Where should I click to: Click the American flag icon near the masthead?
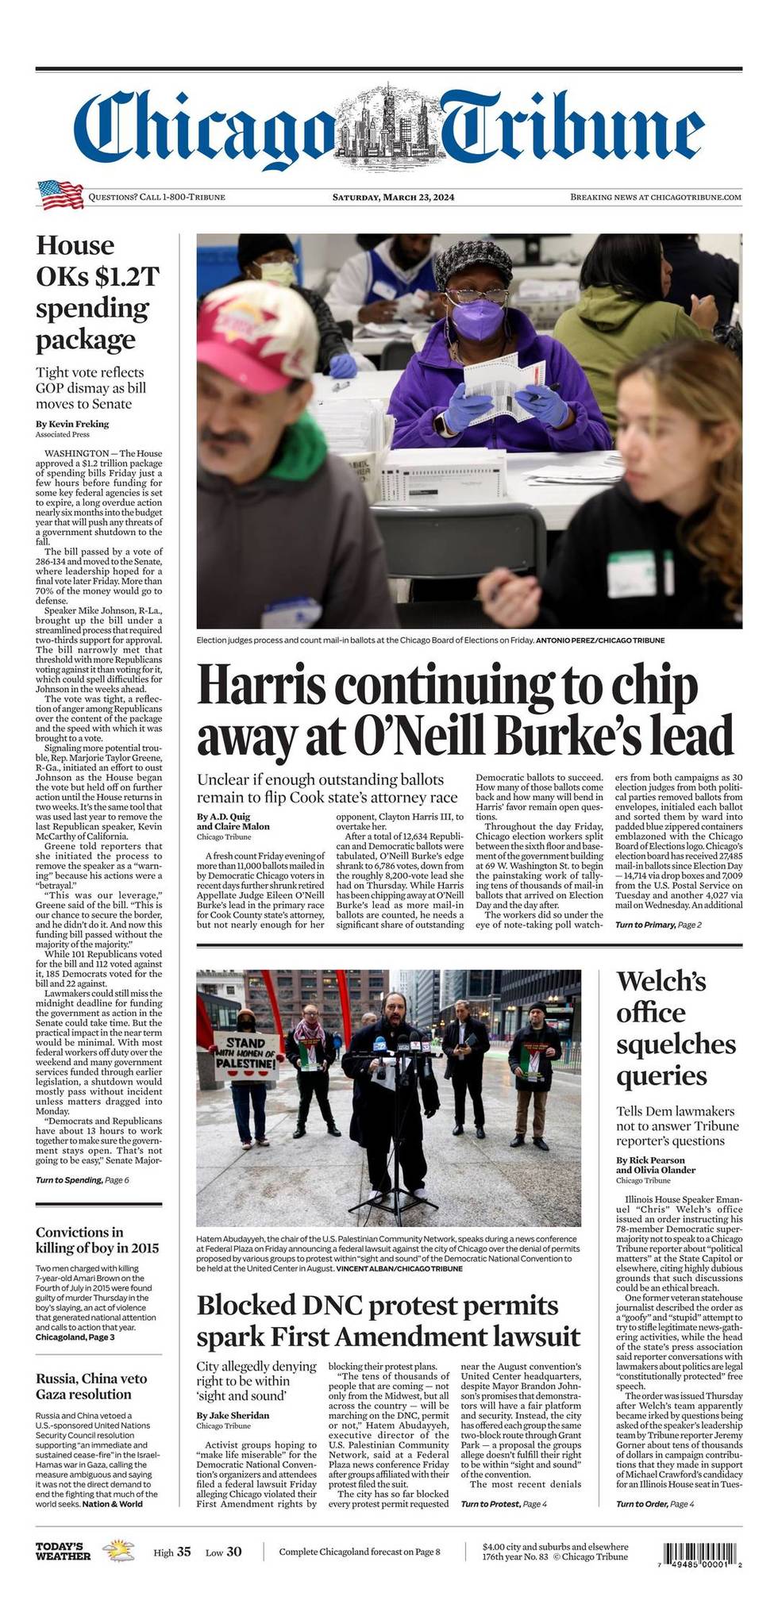[60, 194]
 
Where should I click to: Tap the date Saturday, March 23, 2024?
[393, 197]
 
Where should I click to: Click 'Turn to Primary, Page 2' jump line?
[658, 925]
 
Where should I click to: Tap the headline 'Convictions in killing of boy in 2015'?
[97, 1240]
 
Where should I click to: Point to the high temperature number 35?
[183, 1552]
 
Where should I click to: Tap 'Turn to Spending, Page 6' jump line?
[82, 1180]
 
